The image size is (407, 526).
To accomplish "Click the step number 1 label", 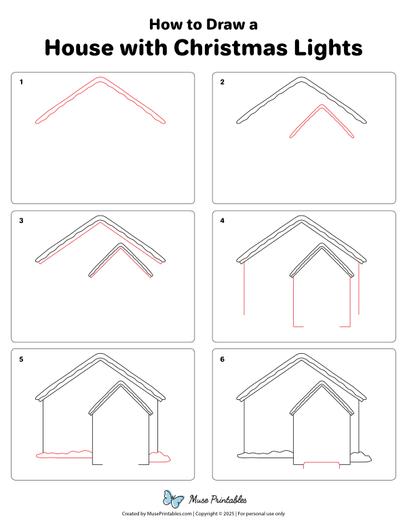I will (x=22, y=82).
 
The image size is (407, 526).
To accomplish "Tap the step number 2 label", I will (x=222, y=82).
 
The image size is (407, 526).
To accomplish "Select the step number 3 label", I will (x=22, y=220).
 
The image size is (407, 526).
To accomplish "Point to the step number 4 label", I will (x=222, y=220).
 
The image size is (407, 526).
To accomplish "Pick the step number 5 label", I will (x=22, y=359).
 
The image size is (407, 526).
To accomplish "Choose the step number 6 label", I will (x=222, y=359).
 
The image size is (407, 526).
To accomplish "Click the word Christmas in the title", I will (x=231, y=48).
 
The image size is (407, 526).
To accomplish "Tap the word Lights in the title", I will (x=328, y=48).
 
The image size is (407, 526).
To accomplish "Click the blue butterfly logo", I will (x=174, y=500).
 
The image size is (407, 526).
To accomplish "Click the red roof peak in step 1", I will (x=100, y=79).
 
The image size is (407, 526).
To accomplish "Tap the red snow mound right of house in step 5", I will (x=159, y=457).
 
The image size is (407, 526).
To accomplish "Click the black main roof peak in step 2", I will (x=302, y=79).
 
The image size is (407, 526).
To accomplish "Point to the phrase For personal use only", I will (x=261, y=514).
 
